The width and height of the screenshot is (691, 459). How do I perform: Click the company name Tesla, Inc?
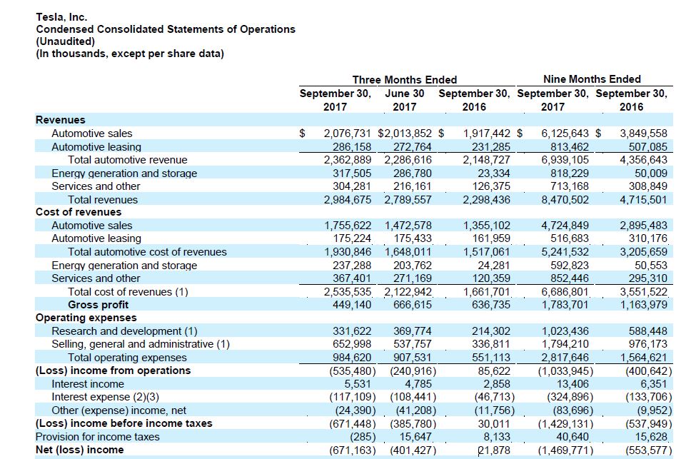pos(61,16)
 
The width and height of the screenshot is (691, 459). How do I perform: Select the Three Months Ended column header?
pos(404,80)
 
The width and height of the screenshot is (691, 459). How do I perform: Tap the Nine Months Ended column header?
pos(592,79)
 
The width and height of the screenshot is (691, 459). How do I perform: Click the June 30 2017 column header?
pos(404,100)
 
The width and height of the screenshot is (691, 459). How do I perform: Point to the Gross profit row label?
pos(98,305)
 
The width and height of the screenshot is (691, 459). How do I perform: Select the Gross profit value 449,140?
pos(351,305)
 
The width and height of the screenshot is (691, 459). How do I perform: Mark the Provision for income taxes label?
pos(98,437)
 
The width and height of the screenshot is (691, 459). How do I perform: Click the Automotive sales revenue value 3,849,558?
pos(644,133)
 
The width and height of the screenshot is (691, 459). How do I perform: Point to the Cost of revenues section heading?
pos(79,212)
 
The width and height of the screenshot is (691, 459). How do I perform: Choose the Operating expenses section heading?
pos(86,318)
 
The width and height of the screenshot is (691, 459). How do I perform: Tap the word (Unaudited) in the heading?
pos(65,41)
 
